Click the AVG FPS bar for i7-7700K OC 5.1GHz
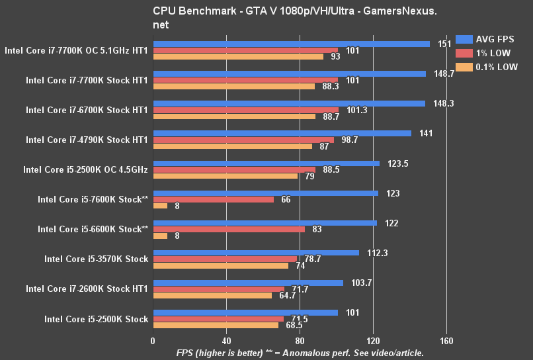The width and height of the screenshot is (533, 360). pos(291,44)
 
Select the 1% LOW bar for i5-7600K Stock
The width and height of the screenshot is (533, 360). pos(213,199)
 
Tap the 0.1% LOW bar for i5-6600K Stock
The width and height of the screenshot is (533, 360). pos(160,236)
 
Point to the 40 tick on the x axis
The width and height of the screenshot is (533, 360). pos(226,341)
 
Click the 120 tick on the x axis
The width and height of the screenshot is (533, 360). pos(373,341)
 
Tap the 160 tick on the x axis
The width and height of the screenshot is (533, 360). pos(446,341)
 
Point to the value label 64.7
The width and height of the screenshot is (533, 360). pos(289,296)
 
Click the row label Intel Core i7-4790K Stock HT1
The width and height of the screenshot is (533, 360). pos(87,140)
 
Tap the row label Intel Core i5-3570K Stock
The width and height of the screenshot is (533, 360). pos(96,259)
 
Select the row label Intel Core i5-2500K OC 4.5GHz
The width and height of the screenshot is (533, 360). pos(85,169)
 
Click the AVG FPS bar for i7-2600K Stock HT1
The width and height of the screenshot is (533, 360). pos(248,283)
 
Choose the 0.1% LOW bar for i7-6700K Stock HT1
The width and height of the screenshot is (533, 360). pos(234,116)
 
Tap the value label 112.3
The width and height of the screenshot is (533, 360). pos(376,253)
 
